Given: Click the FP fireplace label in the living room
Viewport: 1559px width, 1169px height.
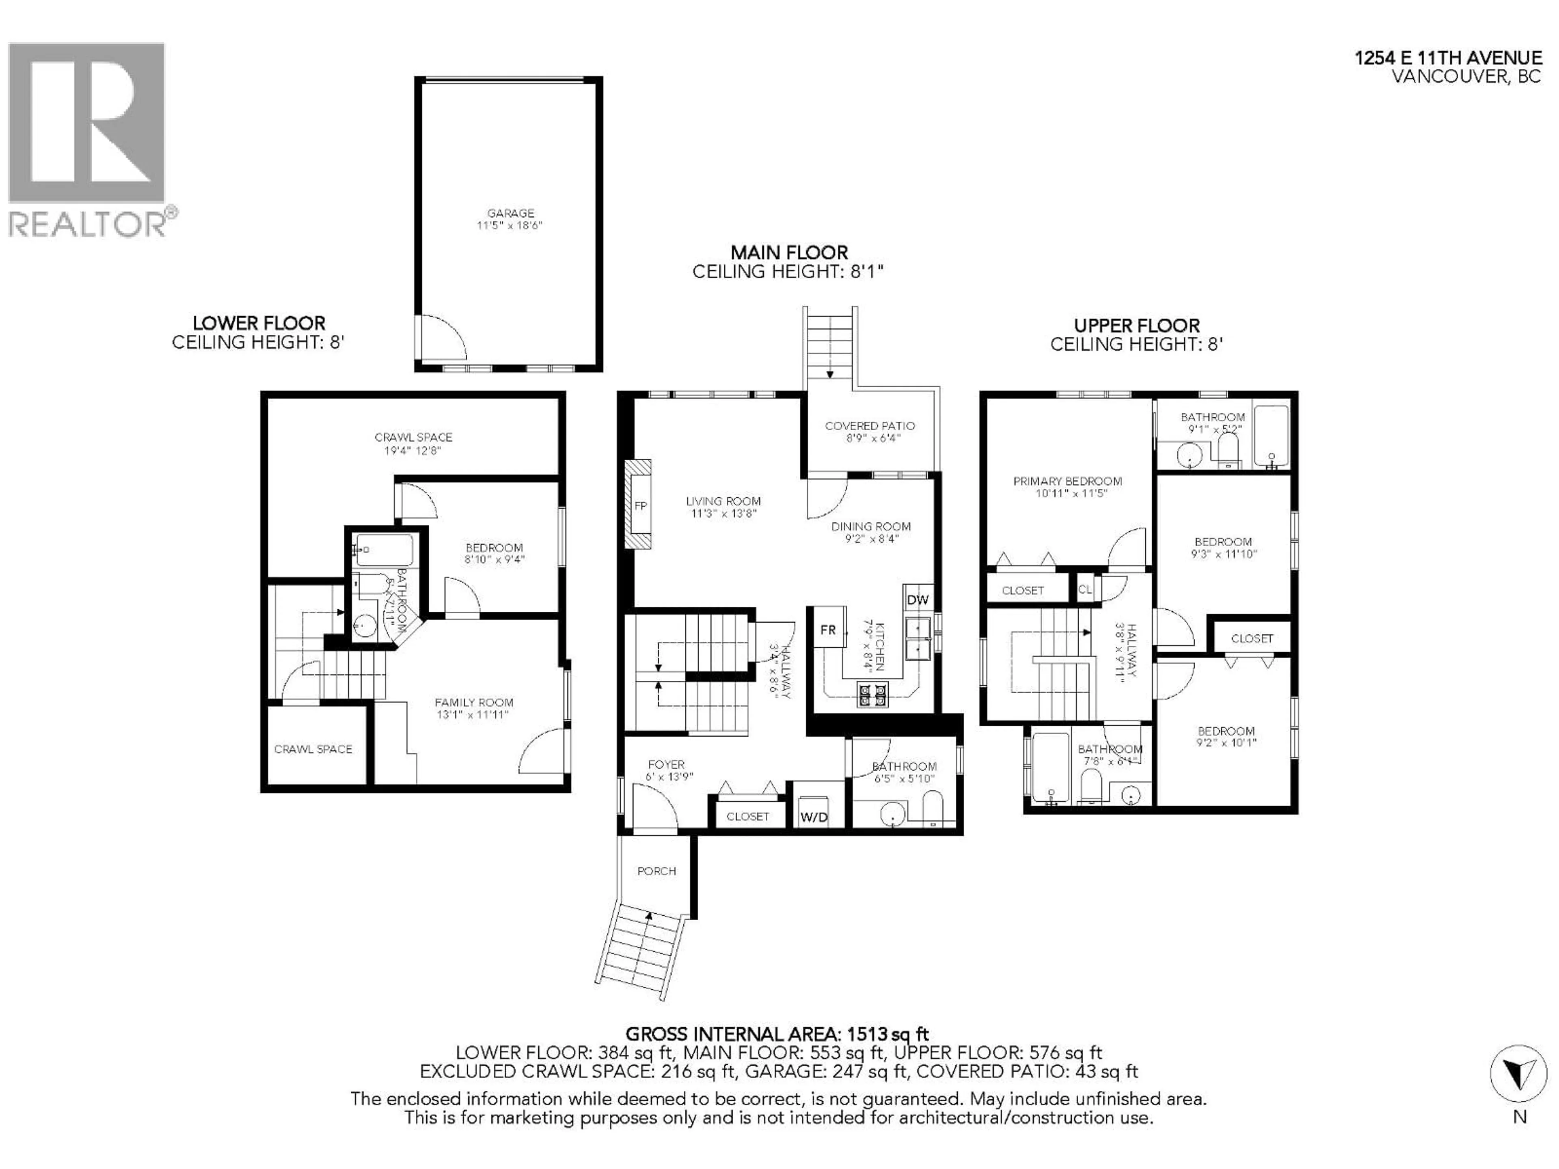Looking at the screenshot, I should click(640, 506).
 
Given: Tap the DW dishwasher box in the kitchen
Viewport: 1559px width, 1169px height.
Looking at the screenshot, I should click(918, 600).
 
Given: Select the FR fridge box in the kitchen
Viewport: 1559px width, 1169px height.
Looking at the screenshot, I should click(827, 629).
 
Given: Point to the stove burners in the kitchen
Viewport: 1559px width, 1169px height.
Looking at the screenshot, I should click(872, 695).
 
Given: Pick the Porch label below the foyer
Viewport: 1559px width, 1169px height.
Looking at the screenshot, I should click(656, 871).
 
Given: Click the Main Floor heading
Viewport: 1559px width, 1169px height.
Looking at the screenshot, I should click(789, 252).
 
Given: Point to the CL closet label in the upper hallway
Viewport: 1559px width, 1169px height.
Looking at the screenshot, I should click(1085, 589).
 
